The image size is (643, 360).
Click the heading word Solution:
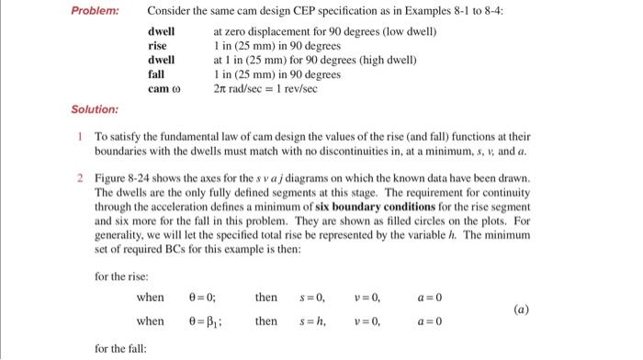[x=95, y=109]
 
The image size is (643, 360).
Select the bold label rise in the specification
[x=158, y=46]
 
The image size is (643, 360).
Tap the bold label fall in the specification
[x=156, y=74]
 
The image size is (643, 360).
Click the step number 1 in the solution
[x=82, y=134]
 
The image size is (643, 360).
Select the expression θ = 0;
[x=201, y=298]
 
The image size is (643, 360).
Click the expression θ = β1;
[x=205, y=321]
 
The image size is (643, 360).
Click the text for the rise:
[x=122, y=274]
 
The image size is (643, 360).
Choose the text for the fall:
[x=120, y=348]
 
